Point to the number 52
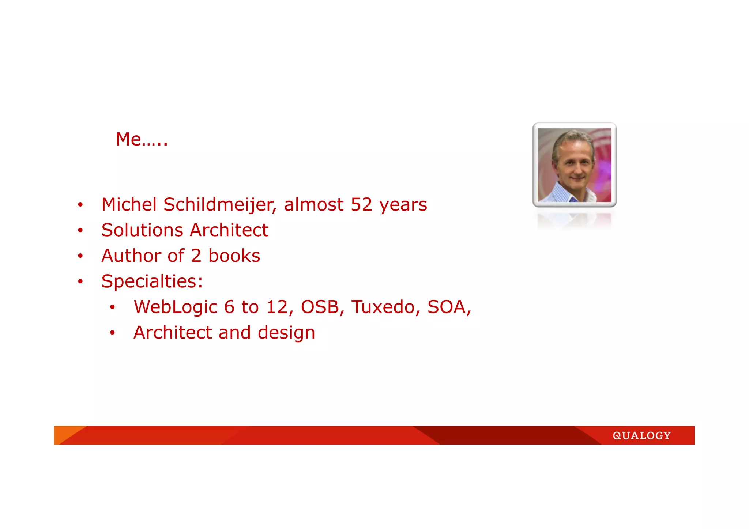click(361, 204)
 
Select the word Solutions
click(142, 230)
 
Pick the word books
click(234, 256)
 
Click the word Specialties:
click(152, 281)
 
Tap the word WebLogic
click(176, 307)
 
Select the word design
click(286, 333)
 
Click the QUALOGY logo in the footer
click(641, 435)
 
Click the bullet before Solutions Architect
click(80, 230)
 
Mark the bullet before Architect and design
click(112, 333)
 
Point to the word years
click(403, 205)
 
